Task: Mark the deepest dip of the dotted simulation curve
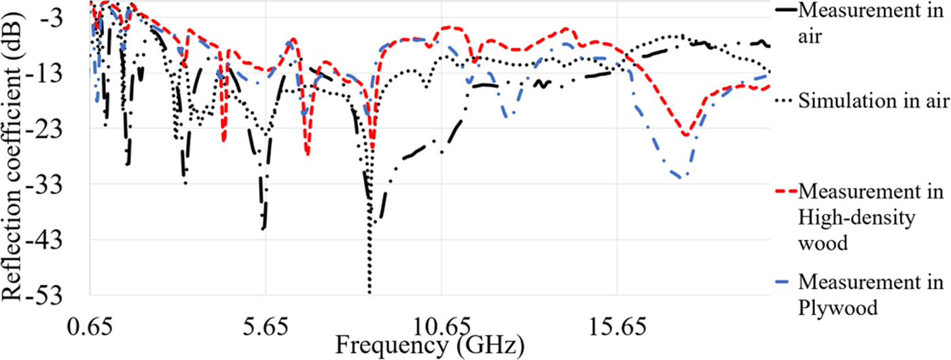[370, 292]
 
